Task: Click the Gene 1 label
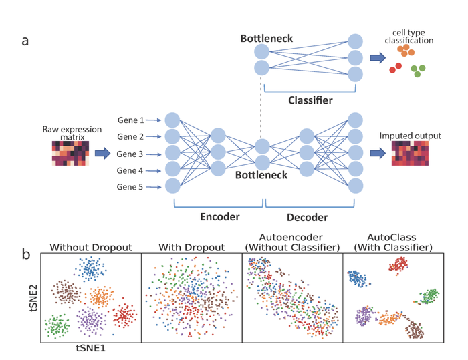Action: click(130, 120)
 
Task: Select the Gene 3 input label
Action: click(130, 154)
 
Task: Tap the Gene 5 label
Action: click(130, 188)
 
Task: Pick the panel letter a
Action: click(25, 40)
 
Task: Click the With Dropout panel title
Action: click(191, 247)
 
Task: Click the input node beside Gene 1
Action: click(172, 120)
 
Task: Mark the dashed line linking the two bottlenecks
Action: click(261, 107)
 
